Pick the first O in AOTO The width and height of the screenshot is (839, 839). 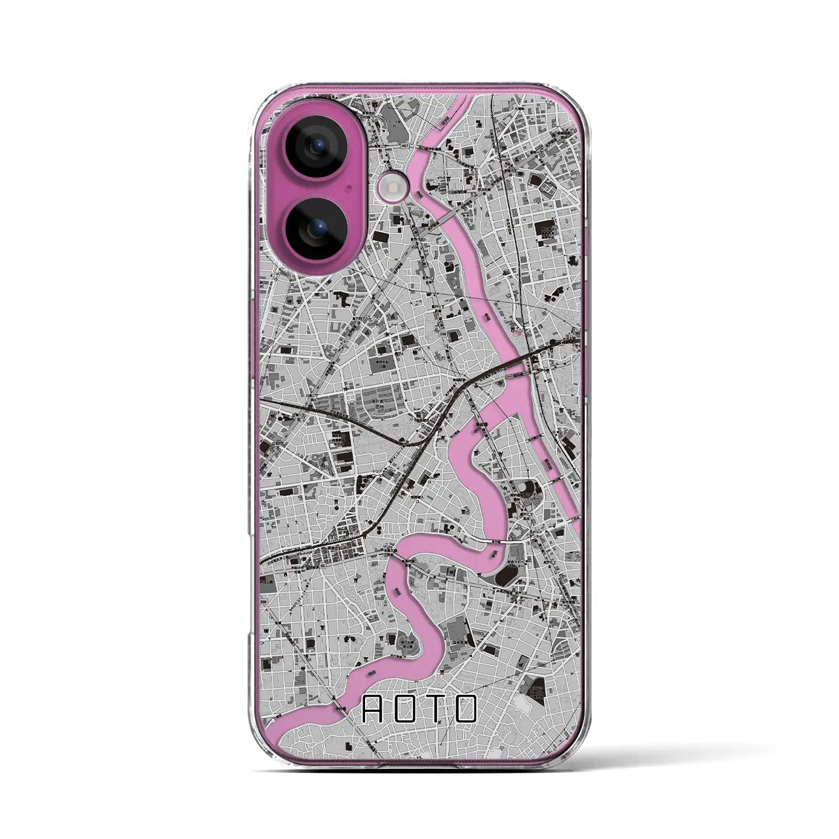coord(403,709)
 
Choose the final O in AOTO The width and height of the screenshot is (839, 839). coord(463,709)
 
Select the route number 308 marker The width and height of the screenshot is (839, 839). coord(263,602)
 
